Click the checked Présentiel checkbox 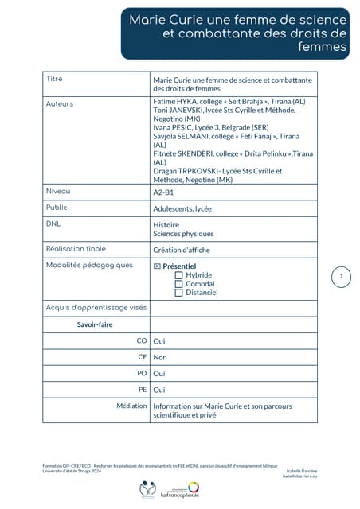pos(157,266)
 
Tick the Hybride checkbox pos(178,275)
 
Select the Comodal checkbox pos(178,284)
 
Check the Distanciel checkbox pos(178,293)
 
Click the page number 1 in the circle pos(341,277)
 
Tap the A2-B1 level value pos(163,192)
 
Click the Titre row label pos(54,79)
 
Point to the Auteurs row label pos(60,104)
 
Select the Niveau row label pos(58,192)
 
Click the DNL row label pos(53,224)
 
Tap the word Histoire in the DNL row pos(166,225)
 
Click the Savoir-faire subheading pos(94,324)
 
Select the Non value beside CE pos(160,357)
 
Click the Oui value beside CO pos(158,340)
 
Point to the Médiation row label pos(131,406)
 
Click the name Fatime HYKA pos(173,103)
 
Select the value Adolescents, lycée pos(182,208)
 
